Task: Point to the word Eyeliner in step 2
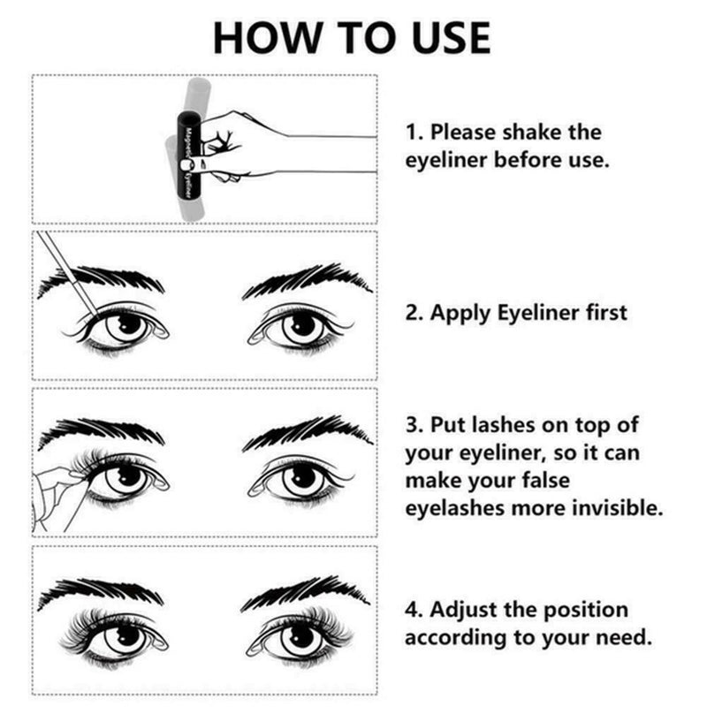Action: coord(540,313)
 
